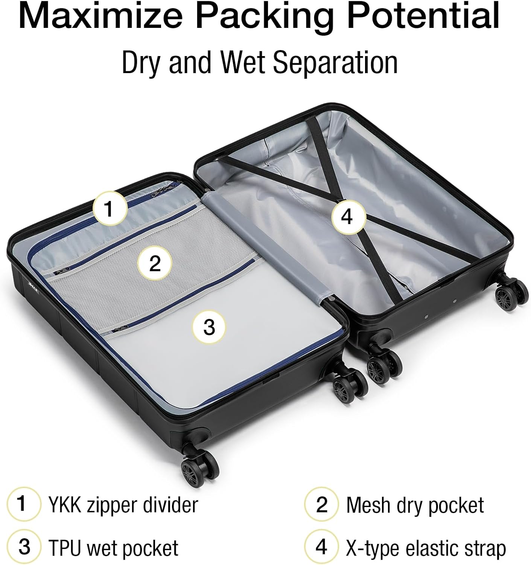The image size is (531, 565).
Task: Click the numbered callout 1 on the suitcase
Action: [x=109, y=208]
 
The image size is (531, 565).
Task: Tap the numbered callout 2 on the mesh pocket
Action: [x=155, y=263]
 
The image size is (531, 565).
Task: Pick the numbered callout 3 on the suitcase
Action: [x=209, y=327]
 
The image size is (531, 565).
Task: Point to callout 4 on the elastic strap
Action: [x=347, y=217]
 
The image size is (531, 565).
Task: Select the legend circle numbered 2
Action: [x=321, y=504]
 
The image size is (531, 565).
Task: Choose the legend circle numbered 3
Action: [x=23, y=547]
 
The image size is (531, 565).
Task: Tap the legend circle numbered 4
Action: [x=321, y=547]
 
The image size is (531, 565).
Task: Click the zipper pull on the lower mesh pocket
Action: [x=117, y=329]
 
